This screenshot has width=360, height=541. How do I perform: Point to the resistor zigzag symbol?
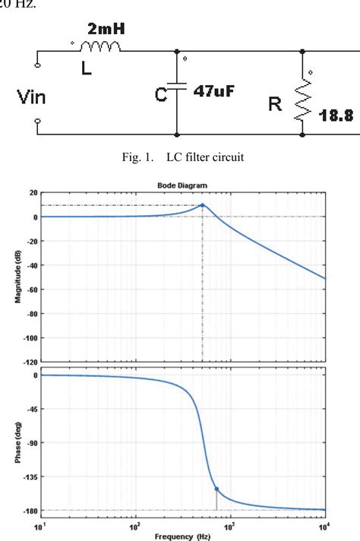click(x=302, y=97)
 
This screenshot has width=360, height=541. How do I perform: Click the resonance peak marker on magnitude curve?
click(x=202, y=205)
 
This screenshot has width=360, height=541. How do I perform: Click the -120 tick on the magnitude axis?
click(x=25, y=362)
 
